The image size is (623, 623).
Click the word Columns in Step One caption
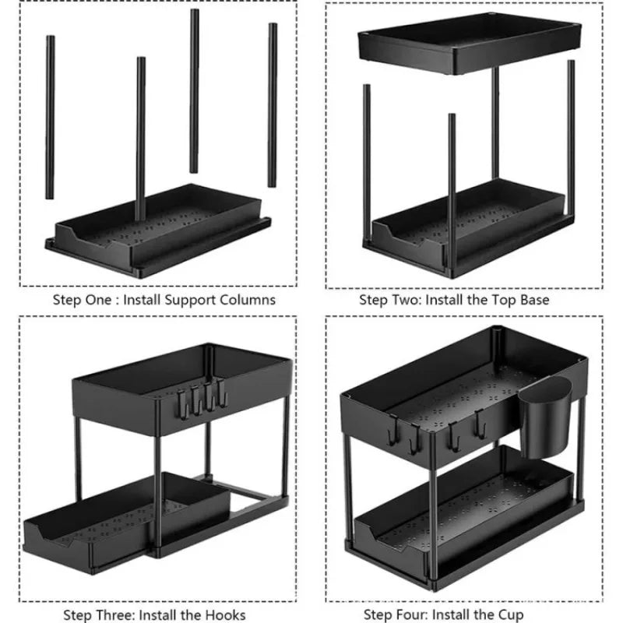click(247, 299)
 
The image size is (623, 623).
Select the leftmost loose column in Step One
click(51, 117)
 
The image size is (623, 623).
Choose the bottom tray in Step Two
click(467, 226)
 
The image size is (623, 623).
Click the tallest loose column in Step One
click(194, 90)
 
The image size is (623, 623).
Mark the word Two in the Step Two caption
click(403, 299)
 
